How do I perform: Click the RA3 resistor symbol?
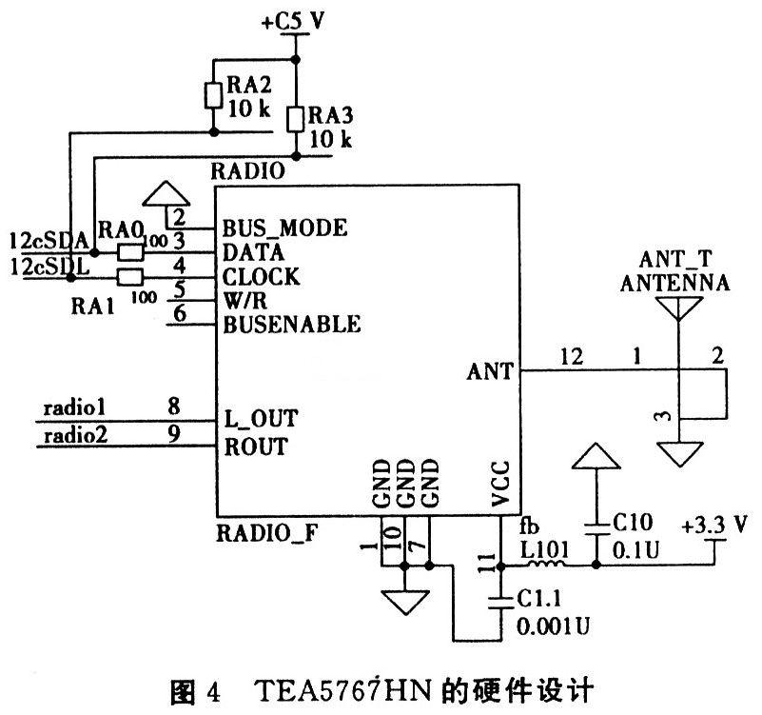tap(296, 119)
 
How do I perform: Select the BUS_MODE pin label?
tap(284, 229)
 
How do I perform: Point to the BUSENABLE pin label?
tap(291, 325)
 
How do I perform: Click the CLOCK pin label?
tap(261, 277)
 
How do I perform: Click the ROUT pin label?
tap(254, 447)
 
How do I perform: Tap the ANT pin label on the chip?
tap(490, 370)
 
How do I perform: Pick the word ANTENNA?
tap(674, 283)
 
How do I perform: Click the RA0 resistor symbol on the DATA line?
tap(130, 252)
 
